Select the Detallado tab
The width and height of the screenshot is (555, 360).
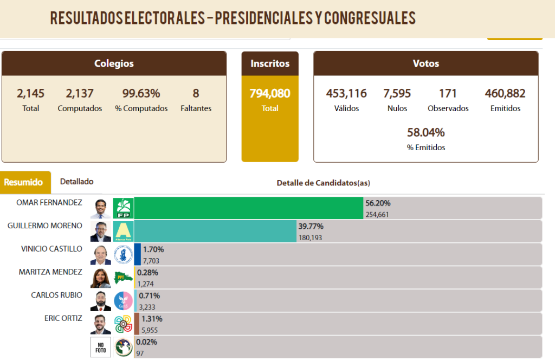(x=77, y=182)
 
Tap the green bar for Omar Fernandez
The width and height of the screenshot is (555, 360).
(x=248, y=208)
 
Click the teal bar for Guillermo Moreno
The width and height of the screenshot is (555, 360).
(x=215, y=231)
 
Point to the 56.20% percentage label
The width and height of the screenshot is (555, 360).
(x=378, y=203)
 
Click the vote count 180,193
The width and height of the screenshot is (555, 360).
(x=311, y=237)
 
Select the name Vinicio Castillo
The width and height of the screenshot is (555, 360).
(x=51, y=249)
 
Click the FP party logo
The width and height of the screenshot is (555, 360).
(x=123, y=208)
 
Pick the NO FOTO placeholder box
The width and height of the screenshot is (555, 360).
(x=100, y=347)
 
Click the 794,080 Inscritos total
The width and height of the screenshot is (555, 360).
(x=270, y=93)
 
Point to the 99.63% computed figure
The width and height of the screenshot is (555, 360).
(x=141, y=93)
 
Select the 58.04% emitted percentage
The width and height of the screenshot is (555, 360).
(x=426, y=132)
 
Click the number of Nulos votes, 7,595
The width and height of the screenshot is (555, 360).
(x=397, y=93)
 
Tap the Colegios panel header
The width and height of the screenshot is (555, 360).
(x=114, y=63)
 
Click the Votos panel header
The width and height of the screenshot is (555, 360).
(x=426, y=63)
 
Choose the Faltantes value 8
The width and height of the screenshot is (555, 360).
(x=196, y=93)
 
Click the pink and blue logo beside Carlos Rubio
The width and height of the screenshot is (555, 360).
(x=123, y=301)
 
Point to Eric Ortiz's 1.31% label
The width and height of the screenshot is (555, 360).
(x=152, y=319)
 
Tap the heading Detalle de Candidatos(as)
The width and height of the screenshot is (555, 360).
(x=324, y=183)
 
